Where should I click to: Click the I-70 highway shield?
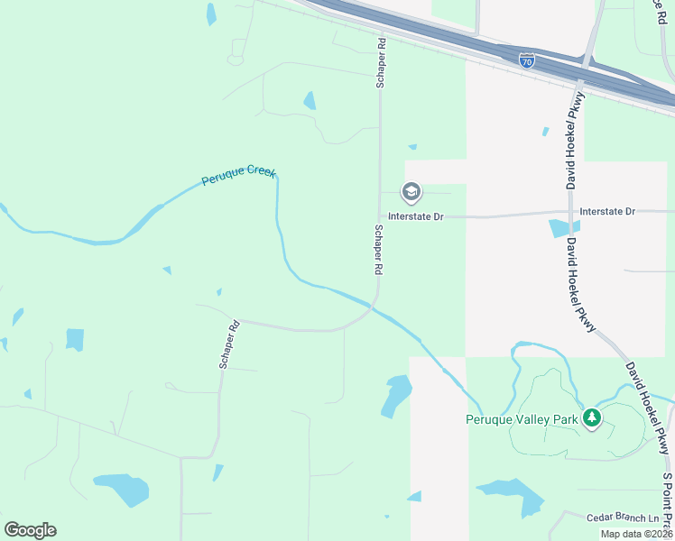527,60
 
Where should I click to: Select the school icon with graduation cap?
411,191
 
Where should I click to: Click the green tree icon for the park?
592,417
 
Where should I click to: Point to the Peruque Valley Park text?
521,419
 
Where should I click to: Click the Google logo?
30,530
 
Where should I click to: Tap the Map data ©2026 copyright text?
636,534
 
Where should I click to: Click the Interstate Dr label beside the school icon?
416,216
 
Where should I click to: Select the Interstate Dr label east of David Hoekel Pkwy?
607,211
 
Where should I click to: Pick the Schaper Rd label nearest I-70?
381,62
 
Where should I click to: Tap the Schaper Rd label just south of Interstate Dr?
379,251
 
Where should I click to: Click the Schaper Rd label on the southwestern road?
227,343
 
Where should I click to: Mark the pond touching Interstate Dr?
564,228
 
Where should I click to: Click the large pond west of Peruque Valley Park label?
395,396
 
